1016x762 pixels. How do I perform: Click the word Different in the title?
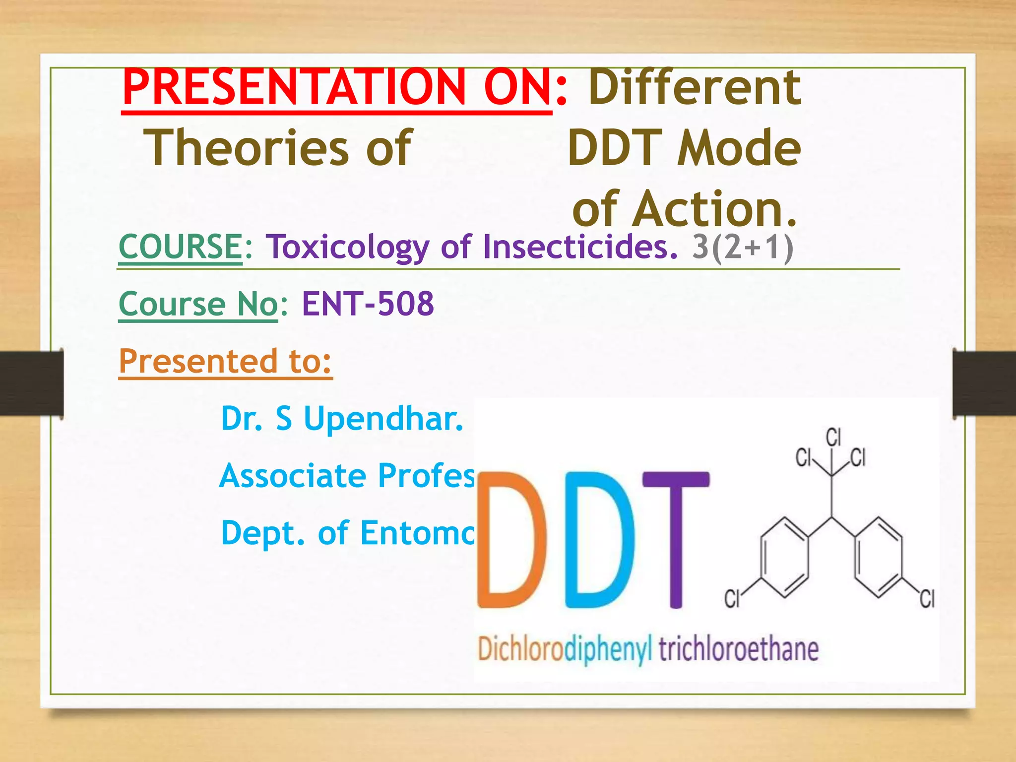[695, 88]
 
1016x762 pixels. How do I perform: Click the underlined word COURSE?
[180, 247]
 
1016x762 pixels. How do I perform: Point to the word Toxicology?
[347, 247]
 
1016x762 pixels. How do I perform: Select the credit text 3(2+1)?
[742, 247]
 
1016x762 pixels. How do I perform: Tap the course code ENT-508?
[368, 304]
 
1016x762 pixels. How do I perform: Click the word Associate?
[293, 475]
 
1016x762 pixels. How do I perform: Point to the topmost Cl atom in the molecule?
[833, 438]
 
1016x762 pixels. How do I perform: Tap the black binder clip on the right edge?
[984, 383]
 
